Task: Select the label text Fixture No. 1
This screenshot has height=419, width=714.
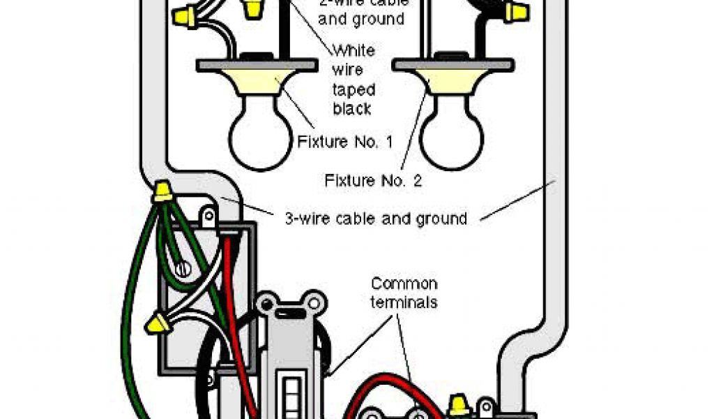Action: point(344,142)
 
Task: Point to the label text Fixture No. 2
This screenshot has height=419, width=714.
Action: point(373,180)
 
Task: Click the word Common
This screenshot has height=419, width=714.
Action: point(404,284)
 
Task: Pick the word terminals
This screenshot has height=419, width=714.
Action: point(404,302)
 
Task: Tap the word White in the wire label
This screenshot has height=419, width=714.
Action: point(354,51)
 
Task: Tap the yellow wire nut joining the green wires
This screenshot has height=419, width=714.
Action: point(162,191)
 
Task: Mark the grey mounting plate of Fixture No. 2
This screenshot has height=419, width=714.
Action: point(455,65)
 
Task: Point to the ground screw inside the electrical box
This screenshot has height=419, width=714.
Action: point(183,267)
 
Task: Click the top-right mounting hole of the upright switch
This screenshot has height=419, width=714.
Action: point(316,303)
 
